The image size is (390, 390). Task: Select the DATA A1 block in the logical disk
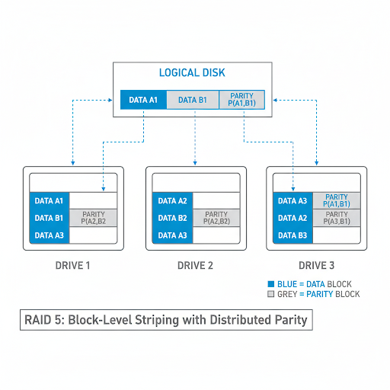[x=142, y=100]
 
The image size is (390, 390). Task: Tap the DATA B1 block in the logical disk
[x=192, y=100]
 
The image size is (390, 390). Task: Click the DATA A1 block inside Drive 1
[x=50, y=201]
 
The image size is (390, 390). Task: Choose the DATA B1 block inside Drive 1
[x=50, y=218]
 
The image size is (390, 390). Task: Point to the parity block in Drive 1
[x=94, y=218]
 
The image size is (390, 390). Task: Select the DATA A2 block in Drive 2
[x=172, y=201]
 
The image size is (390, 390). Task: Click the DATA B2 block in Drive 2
[x=172, y=218]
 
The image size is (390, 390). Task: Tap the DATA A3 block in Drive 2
[x=172, y=235]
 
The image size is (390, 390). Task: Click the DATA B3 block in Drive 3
[x=292, y=235]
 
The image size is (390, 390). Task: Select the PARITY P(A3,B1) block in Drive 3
[x=336, y=218]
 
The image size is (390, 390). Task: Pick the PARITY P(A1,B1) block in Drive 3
[x=336, y=201]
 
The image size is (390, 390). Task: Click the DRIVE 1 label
[x=72, y=266]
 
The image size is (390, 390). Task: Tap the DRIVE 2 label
[x=195, y=266]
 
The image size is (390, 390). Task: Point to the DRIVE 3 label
[x=316, y=266]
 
